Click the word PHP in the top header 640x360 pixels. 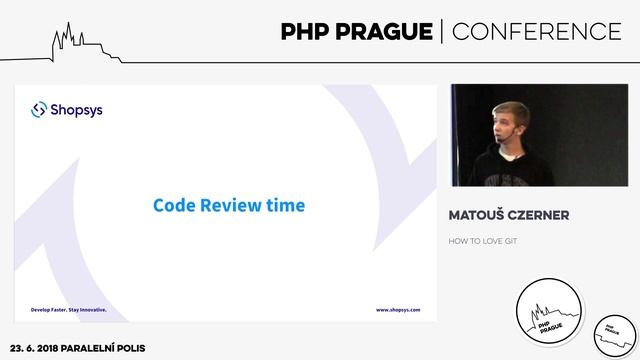point(308,32)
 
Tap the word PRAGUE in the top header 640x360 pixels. point(385,32)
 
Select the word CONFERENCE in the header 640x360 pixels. point(537,32)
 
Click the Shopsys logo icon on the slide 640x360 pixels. point(39,109)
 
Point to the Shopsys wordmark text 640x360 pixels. point(76,109)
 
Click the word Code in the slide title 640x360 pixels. point(171,206)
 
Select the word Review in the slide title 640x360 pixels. point(231,206)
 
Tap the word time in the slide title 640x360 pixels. point(286,206)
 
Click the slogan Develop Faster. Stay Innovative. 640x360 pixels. point(69,310)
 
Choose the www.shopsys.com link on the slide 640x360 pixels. point(398,310)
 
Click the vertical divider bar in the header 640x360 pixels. point(441,32)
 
